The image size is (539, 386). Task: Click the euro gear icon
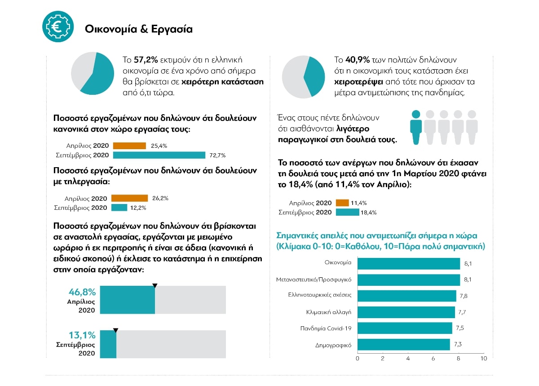click(x=58, y=27)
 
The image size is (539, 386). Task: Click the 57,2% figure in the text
click(x=146, y=60)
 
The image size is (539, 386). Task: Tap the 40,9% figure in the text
click(x=358, y=60)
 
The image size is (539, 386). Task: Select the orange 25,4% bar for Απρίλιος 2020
click(x=129, y=146)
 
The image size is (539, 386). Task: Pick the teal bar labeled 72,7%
click(x=159, y=155)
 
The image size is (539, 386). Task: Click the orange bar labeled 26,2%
click(x=129, y=198)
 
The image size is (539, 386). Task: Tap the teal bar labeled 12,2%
click(x=119, y=208)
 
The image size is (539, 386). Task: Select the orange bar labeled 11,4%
click(x=342, y=203)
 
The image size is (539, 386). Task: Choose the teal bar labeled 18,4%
click(x=348, y=212)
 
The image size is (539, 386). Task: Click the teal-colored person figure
click(x=416, y=127)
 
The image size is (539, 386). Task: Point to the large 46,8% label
click(x=82, y=292)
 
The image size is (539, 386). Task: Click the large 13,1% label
click(x=82, y=335)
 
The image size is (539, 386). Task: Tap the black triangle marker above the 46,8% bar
click(x=155, y=286)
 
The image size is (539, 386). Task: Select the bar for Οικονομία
click(x=409, y=264)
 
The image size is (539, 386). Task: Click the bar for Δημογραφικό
click(x=403, y=344)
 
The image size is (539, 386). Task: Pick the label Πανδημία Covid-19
click(x=326, y=328)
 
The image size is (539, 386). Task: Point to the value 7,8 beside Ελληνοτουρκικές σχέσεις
click(x=464, y=296)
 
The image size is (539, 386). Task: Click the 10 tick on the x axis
click(x=484, y=359)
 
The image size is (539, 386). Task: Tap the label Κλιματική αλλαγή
click(x=328, y=312)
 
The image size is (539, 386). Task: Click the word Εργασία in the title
click(x=172, y=29)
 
